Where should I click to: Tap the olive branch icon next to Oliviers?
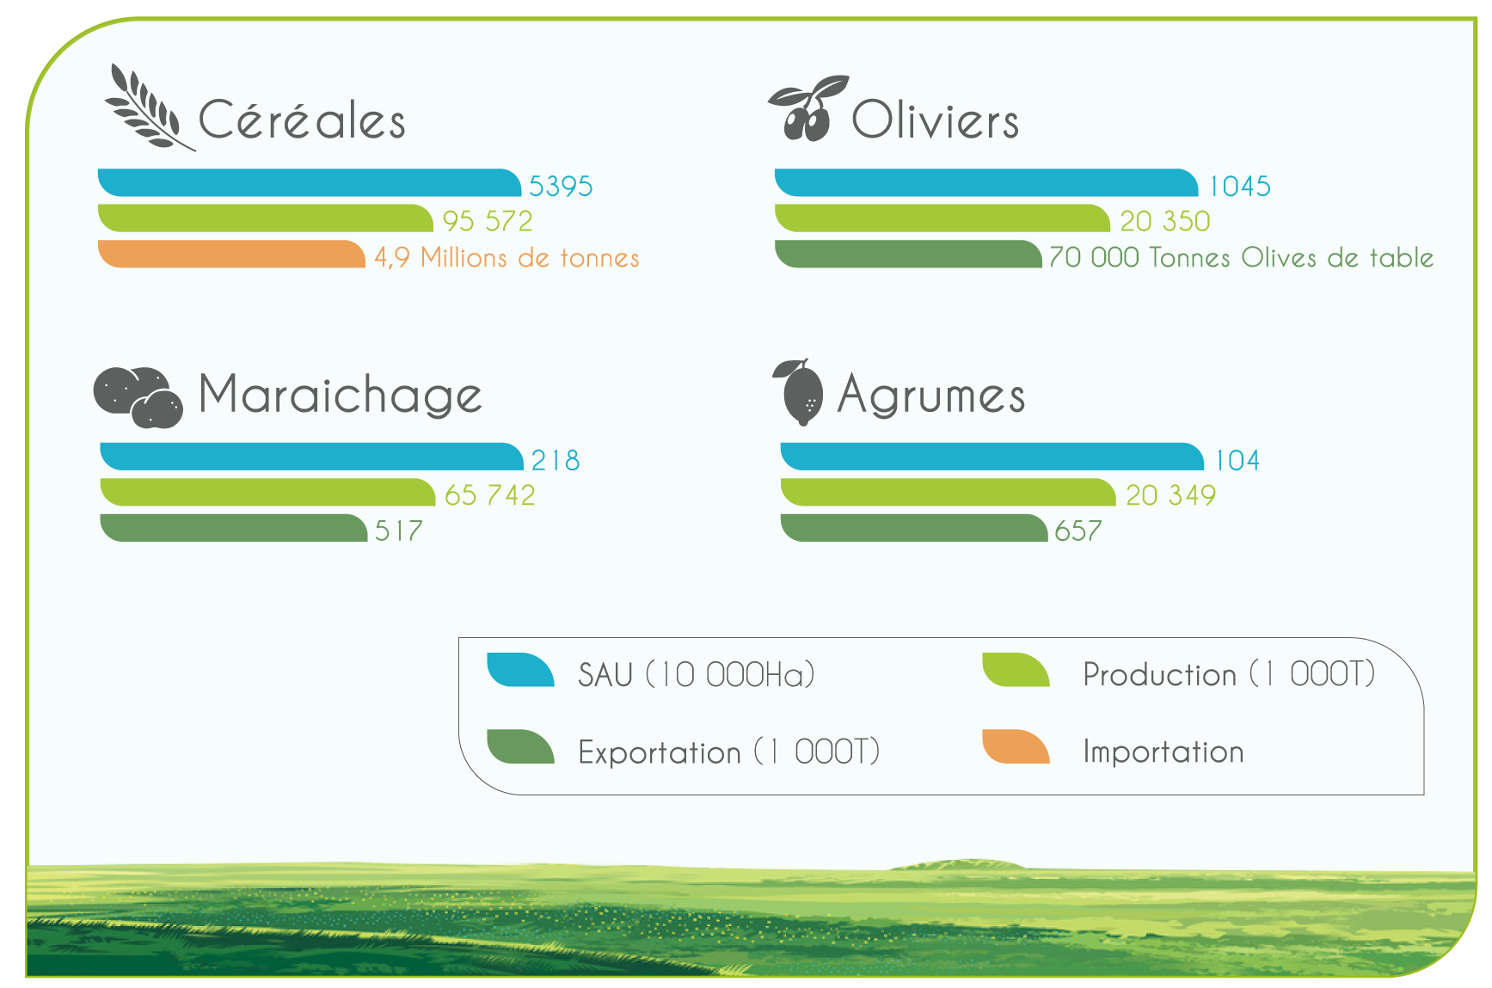[807, 108]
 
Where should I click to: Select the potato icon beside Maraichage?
[138, 397]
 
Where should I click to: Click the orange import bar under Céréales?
[231, 255]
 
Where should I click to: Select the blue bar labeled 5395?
[310, 183]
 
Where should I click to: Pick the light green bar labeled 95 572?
[266, 218]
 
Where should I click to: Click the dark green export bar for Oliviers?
[908, 255]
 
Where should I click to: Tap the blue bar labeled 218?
[311, 457]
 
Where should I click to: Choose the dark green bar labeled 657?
[914, 528]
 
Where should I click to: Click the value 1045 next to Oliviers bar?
[1239, 187]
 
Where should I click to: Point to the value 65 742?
[490, 495]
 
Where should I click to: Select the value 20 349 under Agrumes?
[1170, 495]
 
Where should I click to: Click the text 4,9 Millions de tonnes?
[507, 257]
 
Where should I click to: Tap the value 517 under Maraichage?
[399, 531]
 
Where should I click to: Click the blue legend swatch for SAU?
[520, 670]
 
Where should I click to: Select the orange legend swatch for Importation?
[1016, 746]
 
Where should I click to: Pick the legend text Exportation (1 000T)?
[729, 752]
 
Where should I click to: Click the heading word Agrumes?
[931, 396]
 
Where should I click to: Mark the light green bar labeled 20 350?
[942, 218]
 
